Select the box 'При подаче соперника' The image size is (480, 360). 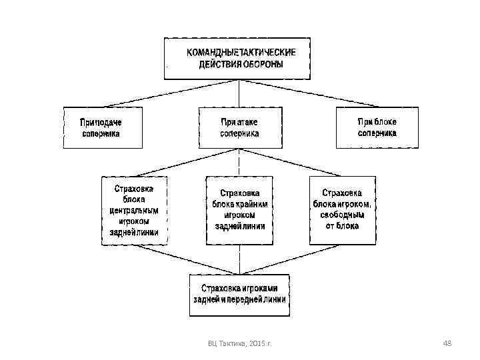102,127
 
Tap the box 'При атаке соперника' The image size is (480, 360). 239,127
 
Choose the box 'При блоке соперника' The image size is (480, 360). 377,127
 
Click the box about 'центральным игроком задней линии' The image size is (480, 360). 134,210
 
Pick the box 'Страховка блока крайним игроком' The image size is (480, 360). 239,209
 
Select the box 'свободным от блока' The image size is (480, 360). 342,209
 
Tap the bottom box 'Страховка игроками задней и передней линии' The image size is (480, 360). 239,294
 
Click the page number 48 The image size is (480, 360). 447,343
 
